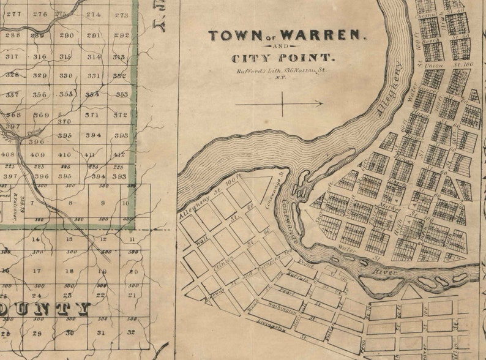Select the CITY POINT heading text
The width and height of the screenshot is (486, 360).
282,59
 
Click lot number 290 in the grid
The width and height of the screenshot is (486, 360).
67,36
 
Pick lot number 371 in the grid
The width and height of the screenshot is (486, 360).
92,115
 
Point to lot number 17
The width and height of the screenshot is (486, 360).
37,271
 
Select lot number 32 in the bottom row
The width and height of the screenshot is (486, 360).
130,333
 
